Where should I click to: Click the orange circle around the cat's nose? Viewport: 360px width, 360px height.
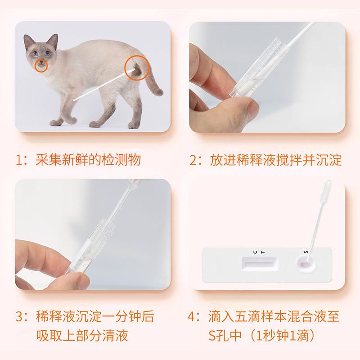(41, 66)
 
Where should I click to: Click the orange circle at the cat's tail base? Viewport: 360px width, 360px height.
(137, 67)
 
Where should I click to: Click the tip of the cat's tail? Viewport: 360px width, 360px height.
(159, 92)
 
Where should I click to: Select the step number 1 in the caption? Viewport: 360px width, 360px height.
(19, 160)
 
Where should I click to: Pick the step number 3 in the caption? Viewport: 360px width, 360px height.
(19, 317)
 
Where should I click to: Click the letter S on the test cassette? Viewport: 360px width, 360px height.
(306, 252)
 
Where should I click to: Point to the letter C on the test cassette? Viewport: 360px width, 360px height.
(255, 252)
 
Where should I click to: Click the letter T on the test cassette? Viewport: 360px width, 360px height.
(263, 252)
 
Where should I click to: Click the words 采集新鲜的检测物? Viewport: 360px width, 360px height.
(88, 160)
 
